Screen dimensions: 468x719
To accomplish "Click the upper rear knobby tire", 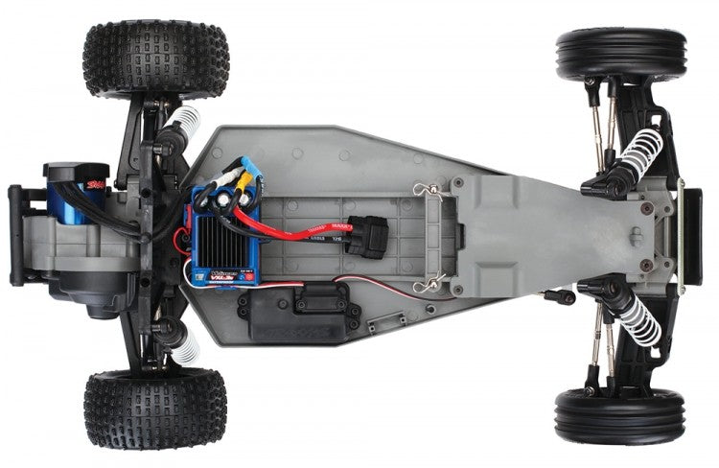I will [155, 59].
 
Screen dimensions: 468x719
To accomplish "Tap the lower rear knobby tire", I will [155, 408].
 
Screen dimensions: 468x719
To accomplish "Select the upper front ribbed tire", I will [620, 55].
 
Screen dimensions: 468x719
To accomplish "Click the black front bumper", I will [690, 234].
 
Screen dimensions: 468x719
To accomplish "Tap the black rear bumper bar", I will [15, 235].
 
